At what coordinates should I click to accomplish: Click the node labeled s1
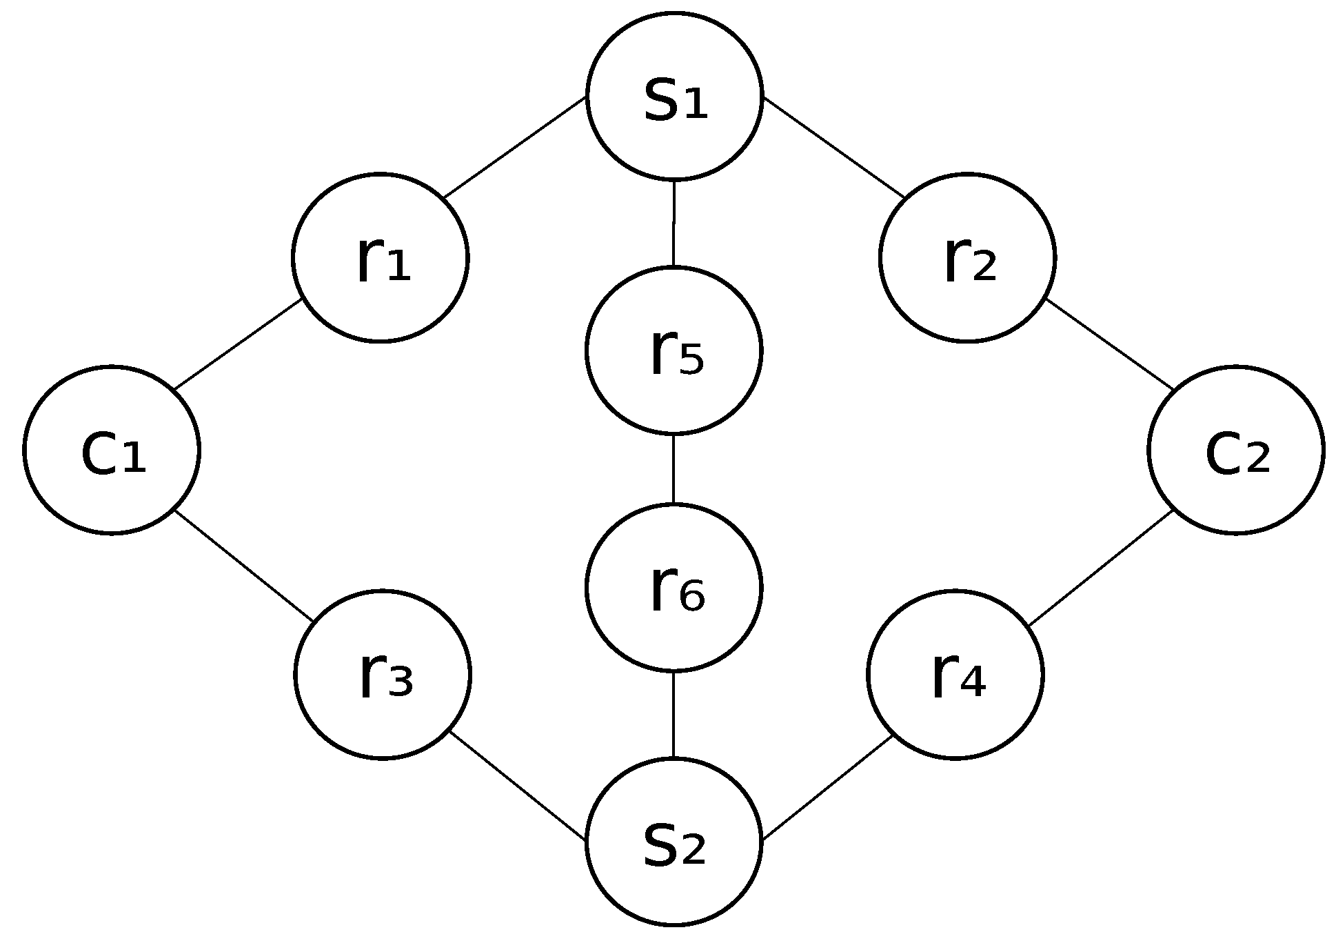pyautogui.click(x=674, y=96)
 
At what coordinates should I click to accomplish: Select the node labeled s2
pyautogui.click(x=674, y=842)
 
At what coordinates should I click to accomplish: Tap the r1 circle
pyautogui.click(x=381, y=257)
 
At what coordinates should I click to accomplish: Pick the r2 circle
pyautogui.click(x=967, y=257)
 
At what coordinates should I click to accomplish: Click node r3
pyautogui.click(x=383, y=674)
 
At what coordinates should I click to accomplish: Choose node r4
pyautogui.click(x=955, y=674)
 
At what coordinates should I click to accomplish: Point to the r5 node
pyautogui.click(x=674, y=350)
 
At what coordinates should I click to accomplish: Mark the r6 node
pyautogui.click(x=674, y=587)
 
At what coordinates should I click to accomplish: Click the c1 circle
pyautogui.click(x=112, y=450)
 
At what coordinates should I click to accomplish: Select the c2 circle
pyautogui.click(x=1236, y=450)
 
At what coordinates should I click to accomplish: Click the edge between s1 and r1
pyautogui.click(x=515, y=147)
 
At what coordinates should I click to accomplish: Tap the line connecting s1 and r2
pyautogui.click(x=834, y=147)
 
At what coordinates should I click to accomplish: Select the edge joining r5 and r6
pyautogui.click(x=674, y=469)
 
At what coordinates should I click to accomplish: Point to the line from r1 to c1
pyautogui.click(x=238, y=344)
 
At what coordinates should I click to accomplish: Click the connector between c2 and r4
pyautogui.click(x=1101, y=568)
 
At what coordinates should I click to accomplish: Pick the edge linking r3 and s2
pyautogui.click(x=517, y=786)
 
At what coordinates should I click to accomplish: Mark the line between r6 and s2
pyautogui.click(x=674, y=714)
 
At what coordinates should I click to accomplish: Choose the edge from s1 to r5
pyautogui.click(x=674, y=223)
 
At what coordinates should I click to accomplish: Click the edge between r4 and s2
pyautogui.click(x=828, y=788)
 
